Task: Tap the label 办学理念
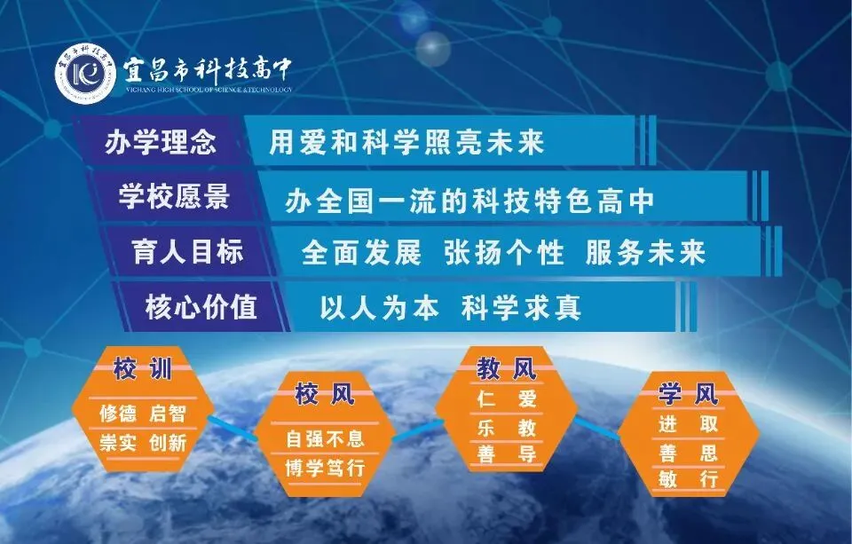(x=161, y=142)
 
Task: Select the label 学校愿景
(x=175, y=196)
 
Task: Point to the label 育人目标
(x=187, y=252)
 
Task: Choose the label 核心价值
(x=201, y=306)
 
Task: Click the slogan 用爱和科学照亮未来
(x=406, y=142)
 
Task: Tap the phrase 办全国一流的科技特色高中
(x=470, y=201)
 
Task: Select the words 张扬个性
(x=504, y=253)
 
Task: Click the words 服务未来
(x=646, y=253)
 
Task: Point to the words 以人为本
(x=379, y=308)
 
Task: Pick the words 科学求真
(x=521, y=308)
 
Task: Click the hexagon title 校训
(x=142, y=369)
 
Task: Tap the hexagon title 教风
(x=507, y=369)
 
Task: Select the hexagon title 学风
(x=689, y=393)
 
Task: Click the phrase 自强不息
(x=325, y=438)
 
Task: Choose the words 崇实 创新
(x=143, y=442)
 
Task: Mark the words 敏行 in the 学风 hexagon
(x=689, y=479)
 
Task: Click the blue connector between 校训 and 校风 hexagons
(x=231, y=429)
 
